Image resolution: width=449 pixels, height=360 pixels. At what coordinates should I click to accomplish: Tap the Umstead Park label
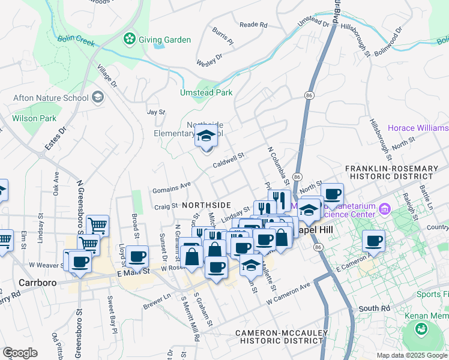(206, 92)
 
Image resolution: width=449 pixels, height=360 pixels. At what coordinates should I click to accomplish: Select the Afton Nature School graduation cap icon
(97, 97)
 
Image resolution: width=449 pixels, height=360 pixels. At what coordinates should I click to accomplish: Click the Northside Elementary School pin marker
(205, 137)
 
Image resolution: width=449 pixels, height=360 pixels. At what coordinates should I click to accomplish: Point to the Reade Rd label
(253, 25)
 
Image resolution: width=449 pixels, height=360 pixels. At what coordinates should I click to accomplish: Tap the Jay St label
(156, 112)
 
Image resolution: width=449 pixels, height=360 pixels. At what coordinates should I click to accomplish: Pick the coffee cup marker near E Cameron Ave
(374, 241)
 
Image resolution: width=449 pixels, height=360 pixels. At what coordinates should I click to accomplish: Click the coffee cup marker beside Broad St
(137, 256)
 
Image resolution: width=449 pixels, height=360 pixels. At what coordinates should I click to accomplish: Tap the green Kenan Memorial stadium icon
(421, 328)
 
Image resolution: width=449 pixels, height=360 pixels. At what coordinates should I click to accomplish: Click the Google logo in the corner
(20, 353)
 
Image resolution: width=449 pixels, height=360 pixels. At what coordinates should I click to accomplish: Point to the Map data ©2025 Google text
(411, 355)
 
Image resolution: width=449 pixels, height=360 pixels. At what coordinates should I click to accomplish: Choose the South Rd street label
(375, 308)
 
